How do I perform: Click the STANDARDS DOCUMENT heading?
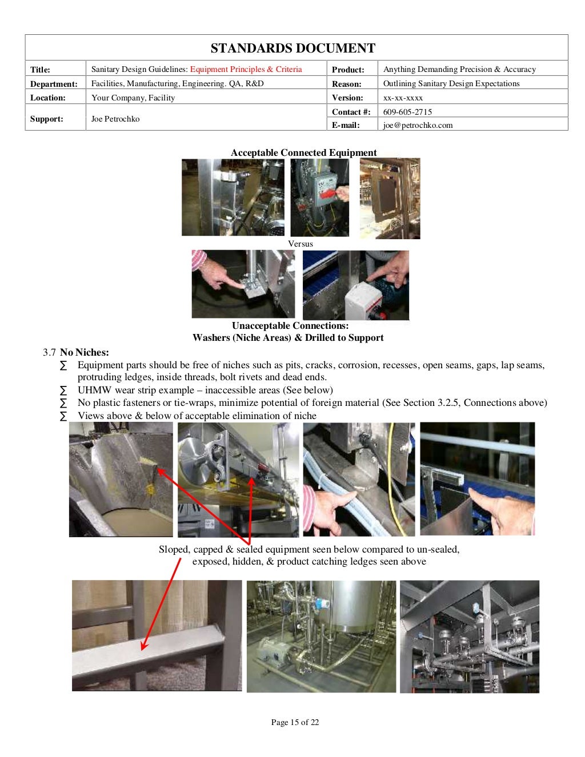pyautogui.click(x=292, y=48)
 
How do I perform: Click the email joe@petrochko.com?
pyautogui.click(x=418, y=125)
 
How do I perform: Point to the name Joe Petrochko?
pyautogui.click(x=115, y=119)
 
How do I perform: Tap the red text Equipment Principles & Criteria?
pyautogui.click(x=246, y=69)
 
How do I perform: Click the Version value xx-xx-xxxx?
pyautogui.click(x=403, y=98)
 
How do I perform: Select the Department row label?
pyautogui.click(x=54, y=84)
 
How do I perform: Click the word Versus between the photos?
pyautogui.click(x=300, y=244)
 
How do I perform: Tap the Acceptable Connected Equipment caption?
pyautogui.click(x=303, y=152)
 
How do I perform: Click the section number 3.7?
pyautogui.click(x=49, y=352)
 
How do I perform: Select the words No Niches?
pyautogui.click(x=84, y=352)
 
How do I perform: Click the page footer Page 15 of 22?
pyautogui.click(x=295, y=722)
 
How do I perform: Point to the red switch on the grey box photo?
pyautogui.click(x=330, y=195)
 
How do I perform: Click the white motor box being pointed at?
pyautogui.click(x=366, y=299)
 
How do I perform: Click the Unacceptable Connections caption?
pyautogui.click(x=290, y=325)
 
